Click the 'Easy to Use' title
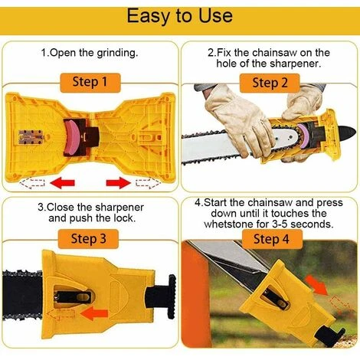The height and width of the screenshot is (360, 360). point(180,16)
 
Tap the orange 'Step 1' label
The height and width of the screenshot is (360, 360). point(90,83)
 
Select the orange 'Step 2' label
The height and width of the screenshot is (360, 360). point(270,83)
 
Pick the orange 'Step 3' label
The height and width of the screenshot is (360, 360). point(88,239)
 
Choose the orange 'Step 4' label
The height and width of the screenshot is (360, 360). point(272,239)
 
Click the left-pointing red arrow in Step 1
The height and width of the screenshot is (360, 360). point(62,183)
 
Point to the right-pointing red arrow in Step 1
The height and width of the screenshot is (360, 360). point(119,183)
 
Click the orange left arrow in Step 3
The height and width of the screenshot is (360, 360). point(94,313)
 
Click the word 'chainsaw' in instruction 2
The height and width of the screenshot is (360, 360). point(274,53)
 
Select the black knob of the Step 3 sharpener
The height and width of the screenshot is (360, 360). point(172,296)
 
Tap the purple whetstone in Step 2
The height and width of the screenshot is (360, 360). point(303,137)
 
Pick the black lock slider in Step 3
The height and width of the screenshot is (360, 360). point(74,297)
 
